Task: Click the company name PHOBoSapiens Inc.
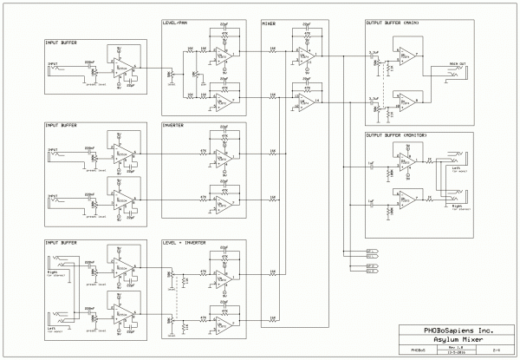pos(453,330)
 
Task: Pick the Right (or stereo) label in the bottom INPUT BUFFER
pos(51,272)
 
